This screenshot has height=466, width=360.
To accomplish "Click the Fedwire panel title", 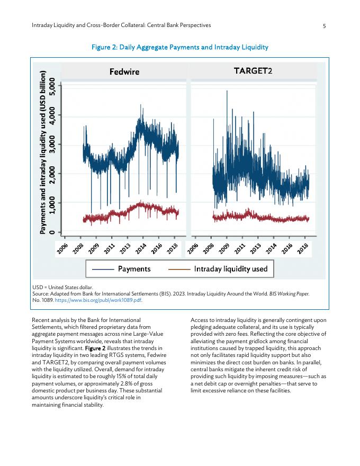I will tap(124, 71).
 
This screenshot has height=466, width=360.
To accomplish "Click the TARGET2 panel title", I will tap(253, 71).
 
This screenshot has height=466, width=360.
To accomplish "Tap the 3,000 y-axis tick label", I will tap(51, 144).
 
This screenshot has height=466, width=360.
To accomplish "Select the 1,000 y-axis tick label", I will tap(51, 203).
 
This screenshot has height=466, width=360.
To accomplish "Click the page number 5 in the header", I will tap(324, 25).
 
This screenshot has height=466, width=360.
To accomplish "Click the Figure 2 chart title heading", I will tap(180, 47).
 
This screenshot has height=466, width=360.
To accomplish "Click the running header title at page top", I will tap(121, 25).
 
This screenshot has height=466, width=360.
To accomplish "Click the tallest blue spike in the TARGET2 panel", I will tap(227, 91).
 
